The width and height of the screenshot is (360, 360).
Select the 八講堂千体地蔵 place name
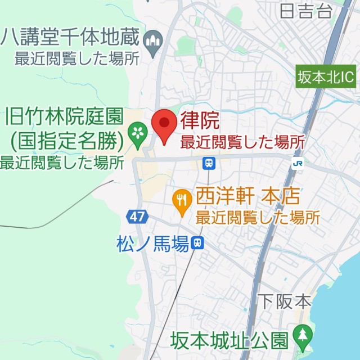(x=71, y=38)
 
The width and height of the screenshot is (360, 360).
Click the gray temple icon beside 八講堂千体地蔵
(x=153, y=40)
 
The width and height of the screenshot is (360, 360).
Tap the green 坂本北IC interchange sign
(x=326, y=76)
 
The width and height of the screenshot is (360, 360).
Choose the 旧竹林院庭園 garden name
(x=63, y=117)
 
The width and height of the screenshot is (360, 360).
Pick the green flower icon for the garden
(x=137, y=133)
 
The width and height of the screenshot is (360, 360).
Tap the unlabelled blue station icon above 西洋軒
(x=209, y=163)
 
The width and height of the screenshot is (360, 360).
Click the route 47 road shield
(x=136, y=216)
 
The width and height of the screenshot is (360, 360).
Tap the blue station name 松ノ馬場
(x=152, y=244)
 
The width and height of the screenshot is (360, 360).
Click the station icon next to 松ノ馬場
(x=197, y=243)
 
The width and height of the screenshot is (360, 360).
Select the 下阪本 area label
(x=284, y=301)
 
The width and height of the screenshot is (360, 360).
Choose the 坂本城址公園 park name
(x=230, y=340)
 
